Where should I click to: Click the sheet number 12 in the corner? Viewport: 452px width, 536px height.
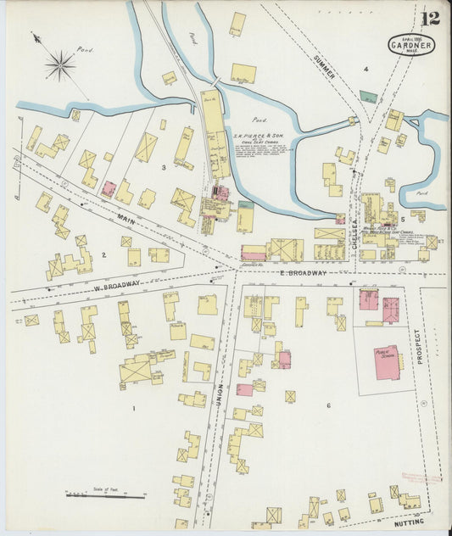[430, 17]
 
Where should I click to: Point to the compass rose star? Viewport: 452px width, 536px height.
[59, 64]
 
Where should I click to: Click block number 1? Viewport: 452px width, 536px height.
[132, 409]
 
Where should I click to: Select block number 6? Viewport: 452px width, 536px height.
[327, 405]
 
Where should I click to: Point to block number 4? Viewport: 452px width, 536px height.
[366, 69]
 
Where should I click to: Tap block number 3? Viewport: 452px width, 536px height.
[164, 168]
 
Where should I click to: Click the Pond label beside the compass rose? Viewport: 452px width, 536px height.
[84, 50]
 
